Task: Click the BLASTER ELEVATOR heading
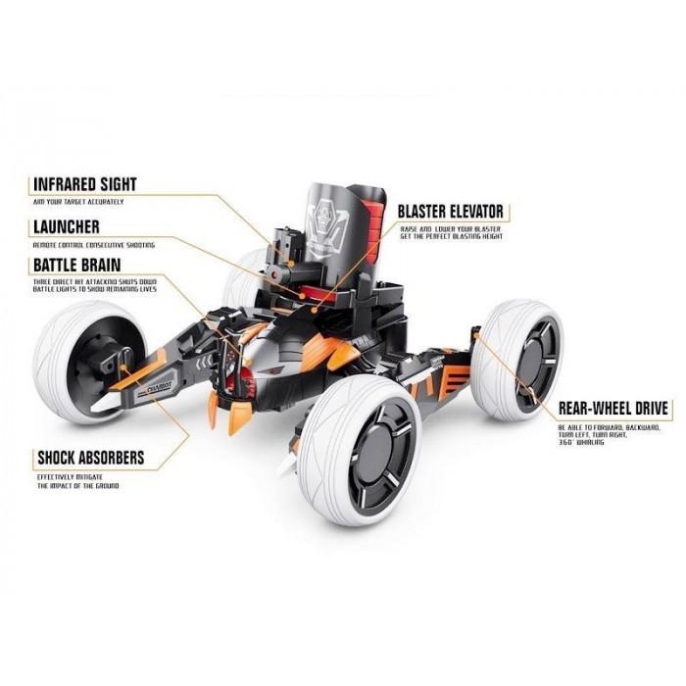coord(450,211)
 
